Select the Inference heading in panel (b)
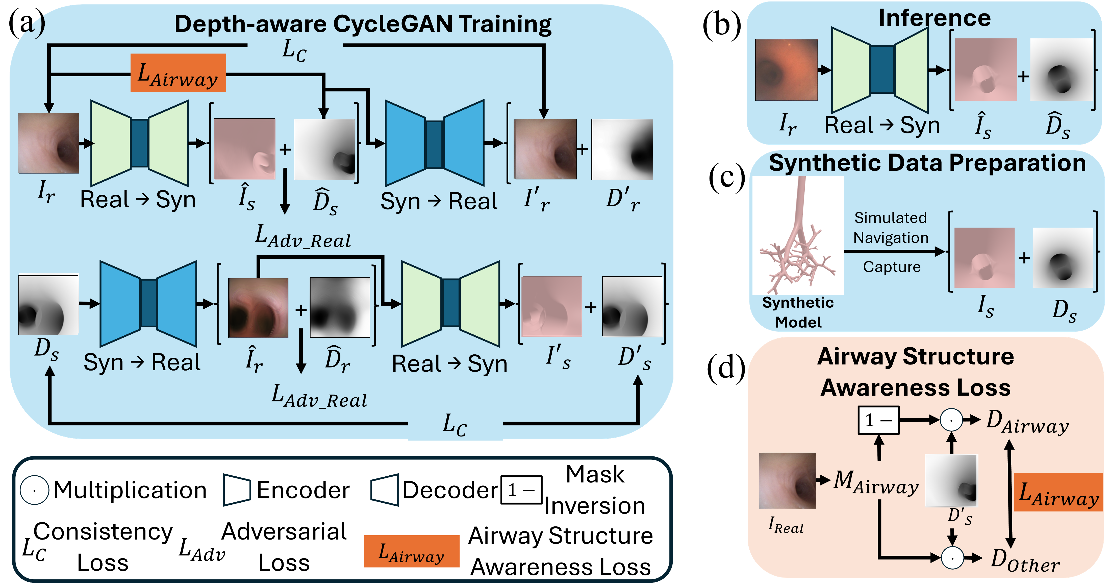pos(934,18)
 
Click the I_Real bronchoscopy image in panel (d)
pos(787,481)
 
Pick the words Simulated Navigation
pos(891,228)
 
